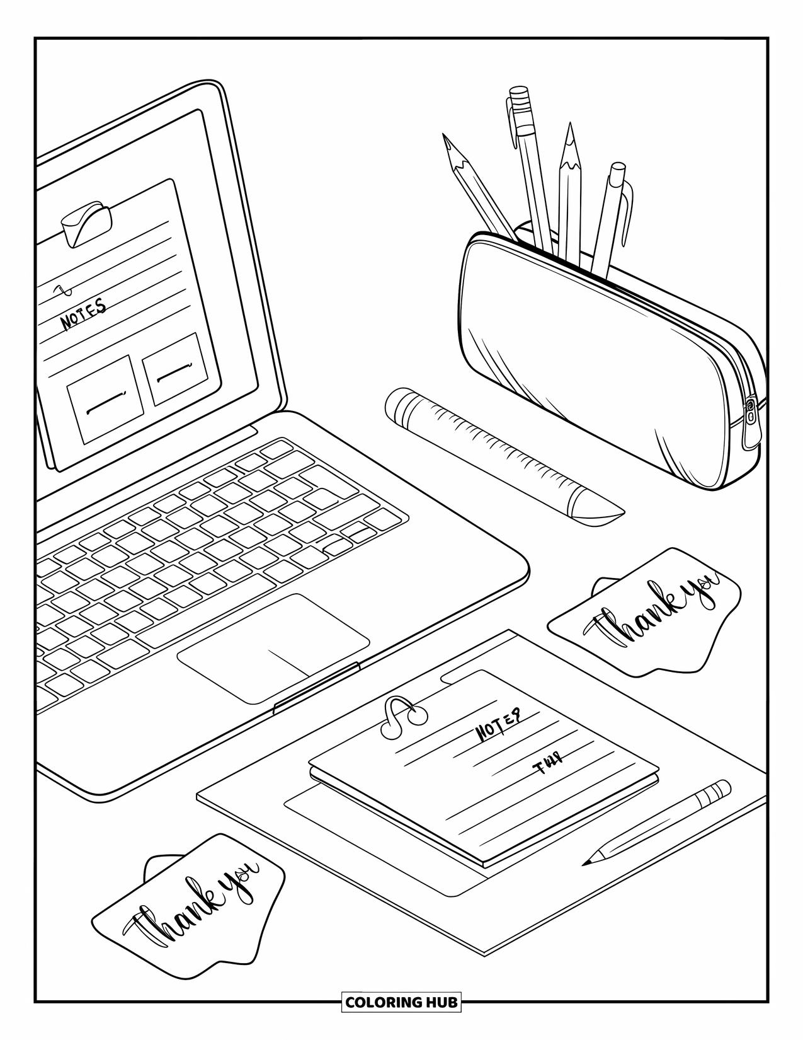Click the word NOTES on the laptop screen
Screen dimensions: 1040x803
pos(83,313)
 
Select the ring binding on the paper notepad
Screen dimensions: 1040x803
pos(403,715)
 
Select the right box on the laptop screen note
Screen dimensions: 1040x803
pos(175,369)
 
